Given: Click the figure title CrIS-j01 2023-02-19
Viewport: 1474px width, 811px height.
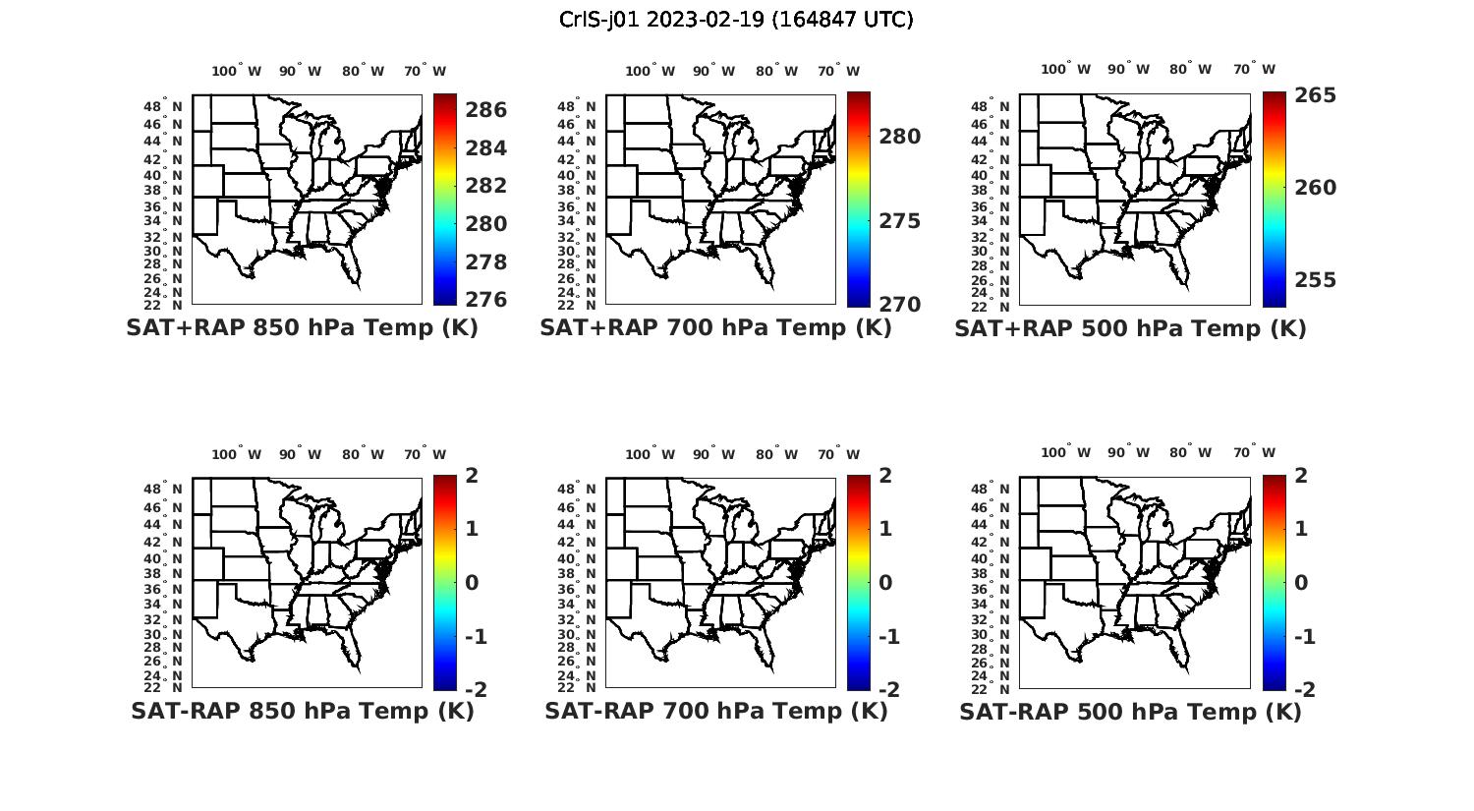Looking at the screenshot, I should [736, 20].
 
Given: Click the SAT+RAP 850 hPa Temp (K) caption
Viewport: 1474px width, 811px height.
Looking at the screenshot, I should [302, 328].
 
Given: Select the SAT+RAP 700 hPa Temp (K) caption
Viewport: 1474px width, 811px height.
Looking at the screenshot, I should [715, 328].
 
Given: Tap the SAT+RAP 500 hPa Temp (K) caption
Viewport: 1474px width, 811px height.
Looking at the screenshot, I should [1130, 329].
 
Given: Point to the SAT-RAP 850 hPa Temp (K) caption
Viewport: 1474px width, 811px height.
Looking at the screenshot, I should [303, 711].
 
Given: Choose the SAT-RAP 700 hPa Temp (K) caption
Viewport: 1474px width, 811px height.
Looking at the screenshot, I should [716, 711].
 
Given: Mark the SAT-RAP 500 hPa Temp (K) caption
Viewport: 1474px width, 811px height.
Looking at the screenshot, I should [1130, 712].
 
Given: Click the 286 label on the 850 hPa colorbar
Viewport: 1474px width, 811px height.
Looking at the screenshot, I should [485, 110].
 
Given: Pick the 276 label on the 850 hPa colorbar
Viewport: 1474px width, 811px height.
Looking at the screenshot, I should [485, 300].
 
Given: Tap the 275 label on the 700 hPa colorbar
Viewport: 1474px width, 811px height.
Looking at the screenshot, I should [900, 221].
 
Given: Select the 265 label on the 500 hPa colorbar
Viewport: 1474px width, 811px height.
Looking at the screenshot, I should [1315, 95].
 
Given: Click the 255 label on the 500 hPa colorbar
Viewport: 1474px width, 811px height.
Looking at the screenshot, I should [1315, 280].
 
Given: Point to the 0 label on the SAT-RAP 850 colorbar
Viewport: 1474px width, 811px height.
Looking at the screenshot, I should [472, 583].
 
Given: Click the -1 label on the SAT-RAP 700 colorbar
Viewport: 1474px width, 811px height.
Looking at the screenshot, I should [888, 637].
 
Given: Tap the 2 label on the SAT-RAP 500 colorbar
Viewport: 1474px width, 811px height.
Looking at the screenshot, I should [1302, 476].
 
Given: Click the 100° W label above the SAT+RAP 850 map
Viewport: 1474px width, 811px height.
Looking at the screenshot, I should [236, 71].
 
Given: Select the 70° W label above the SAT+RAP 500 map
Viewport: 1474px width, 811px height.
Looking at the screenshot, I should [1254, 69].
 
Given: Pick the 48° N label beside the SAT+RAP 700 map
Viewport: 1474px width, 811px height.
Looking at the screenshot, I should [577, 107].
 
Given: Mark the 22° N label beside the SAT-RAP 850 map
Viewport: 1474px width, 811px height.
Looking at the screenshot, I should [163, 687].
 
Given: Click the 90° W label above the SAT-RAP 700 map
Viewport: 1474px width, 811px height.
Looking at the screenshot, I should [713, 454].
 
